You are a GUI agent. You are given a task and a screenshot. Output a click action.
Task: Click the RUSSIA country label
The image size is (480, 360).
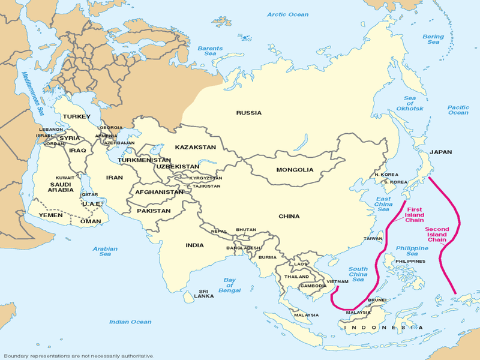point(248,113)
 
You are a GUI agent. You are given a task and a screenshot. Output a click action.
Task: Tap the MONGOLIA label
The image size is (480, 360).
point(295,170)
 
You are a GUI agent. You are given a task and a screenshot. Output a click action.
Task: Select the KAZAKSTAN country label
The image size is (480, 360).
point(195,147)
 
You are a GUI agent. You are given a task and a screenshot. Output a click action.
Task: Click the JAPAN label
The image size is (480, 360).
point(442,152)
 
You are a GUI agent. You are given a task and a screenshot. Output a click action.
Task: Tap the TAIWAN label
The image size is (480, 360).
point(373,239)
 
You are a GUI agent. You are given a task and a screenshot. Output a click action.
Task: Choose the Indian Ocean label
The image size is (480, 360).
point(130,322)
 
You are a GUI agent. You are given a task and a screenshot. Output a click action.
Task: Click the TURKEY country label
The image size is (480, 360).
point(76,116)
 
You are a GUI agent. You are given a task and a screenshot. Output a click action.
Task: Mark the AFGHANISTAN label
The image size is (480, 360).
point(159,192)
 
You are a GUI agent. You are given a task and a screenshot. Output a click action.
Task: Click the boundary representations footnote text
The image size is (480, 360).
point(78,355)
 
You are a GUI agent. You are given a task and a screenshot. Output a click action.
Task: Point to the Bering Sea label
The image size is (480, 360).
point(433,40)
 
